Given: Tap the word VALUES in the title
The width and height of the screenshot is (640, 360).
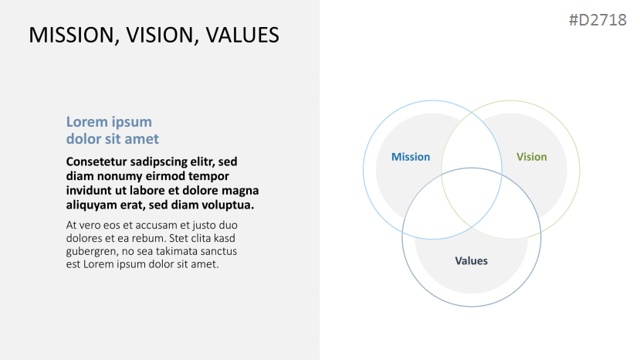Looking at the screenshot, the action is click(242, 35).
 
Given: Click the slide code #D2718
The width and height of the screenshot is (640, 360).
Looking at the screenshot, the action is click(598, 20).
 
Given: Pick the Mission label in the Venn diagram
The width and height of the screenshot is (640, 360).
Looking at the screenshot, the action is click(411, 157).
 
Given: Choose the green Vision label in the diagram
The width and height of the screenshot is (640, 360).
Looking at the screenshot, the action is click(531, 157).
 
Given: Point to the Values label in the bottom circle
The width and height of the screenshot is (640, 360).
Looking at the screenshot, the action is click(471, 260).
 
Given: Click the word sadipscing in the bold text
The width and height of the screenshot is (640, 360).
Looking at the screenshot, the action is click(160, 162).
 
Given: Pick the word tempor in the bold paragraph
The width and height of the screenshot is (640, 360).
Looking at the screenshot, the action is click(211, 177).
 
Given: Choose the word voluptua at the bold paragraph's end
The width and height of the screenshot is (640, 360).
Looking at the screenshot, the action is click(231, 205).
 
